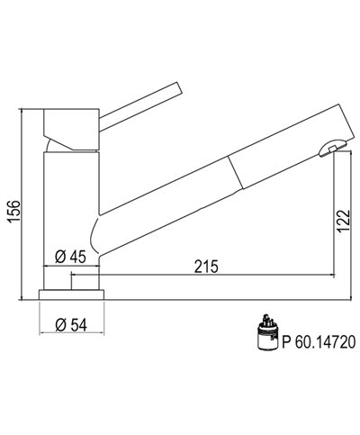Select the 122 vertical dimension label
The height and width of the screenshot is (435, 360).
pos(344,221)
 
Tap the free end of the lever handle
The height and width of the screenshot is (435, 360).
pos(179,87)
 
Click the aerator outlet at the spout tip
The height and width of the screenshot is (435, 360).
pos(332,147)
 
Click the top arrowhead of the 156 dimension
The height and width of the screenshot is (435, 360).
pos(23,113)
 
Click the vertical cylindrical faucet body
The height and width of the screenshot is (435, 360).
pos(67,207)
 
